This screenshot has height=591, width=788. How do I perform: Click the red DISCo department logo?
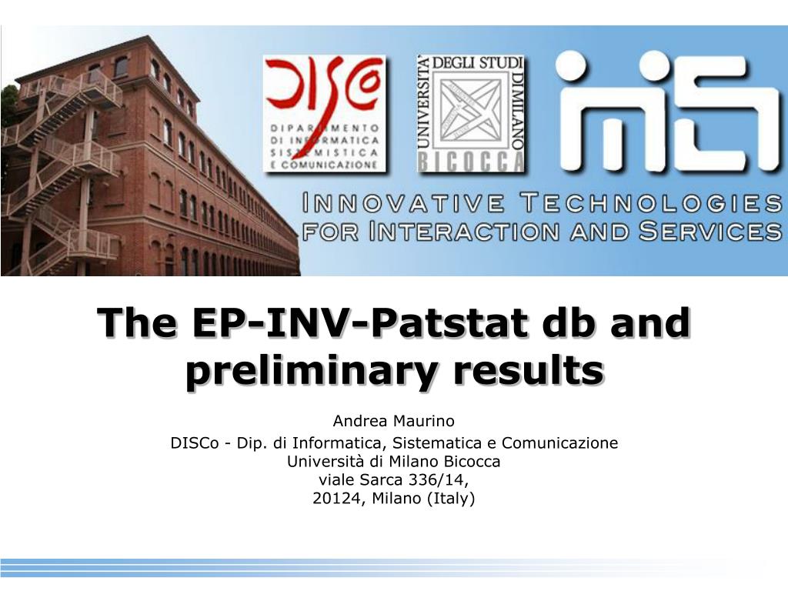pos(324,113)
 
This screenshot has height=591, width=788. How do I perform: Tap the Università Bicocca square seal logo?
pos(471,114)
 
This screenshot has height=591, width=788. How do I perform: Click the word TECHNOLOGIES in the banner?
pos(652,203)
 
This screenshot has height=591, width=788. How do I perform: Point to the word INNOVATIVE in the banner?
pos(403,203)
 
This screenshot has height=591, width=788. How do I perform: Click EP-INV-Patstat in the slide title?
pos(359,322)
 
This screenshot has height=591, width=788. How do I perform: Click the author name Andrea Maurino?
pos(393,421)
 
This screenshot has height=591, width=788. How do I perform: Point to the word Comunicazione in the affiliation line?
pos(560,442)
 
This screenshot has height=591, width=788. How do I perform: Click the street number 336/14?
pos(438,480)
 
